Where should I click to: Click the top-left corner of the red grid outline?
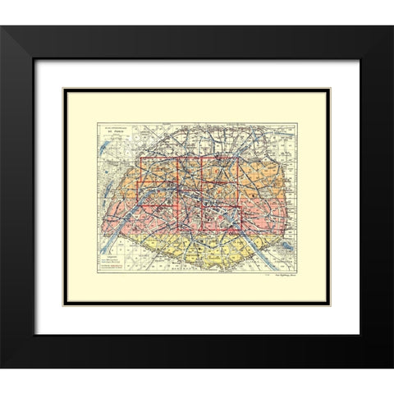coord(141,158)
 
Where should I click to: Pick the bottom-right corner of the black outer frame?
coord(392,368)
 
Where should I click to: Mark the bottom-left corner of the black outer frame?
coord(2,368)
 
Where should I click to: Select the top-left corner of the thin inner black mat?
coord(64,89)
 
